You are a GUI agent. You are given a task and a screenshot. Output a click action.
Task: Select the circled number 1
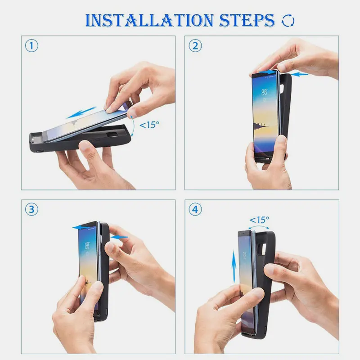coord(31,46)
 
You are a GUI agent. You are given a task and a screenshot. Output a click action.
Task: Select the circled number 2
coord(195,46)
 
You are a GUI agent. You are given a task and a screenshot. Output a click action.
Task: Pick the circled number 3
coord(31,209)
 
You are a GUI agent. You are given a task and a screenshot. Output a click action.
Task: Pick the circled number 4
coord(195,209)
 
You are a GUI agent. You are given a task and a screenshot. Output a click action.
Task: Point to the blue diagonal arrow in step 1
coord(81,112)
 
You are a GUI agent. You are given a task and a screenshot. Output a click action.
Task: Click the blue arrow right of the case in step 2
coord(298,73)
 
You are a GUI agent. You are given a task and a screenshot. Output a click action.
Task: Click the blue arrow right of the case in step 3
coord(119,237)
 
